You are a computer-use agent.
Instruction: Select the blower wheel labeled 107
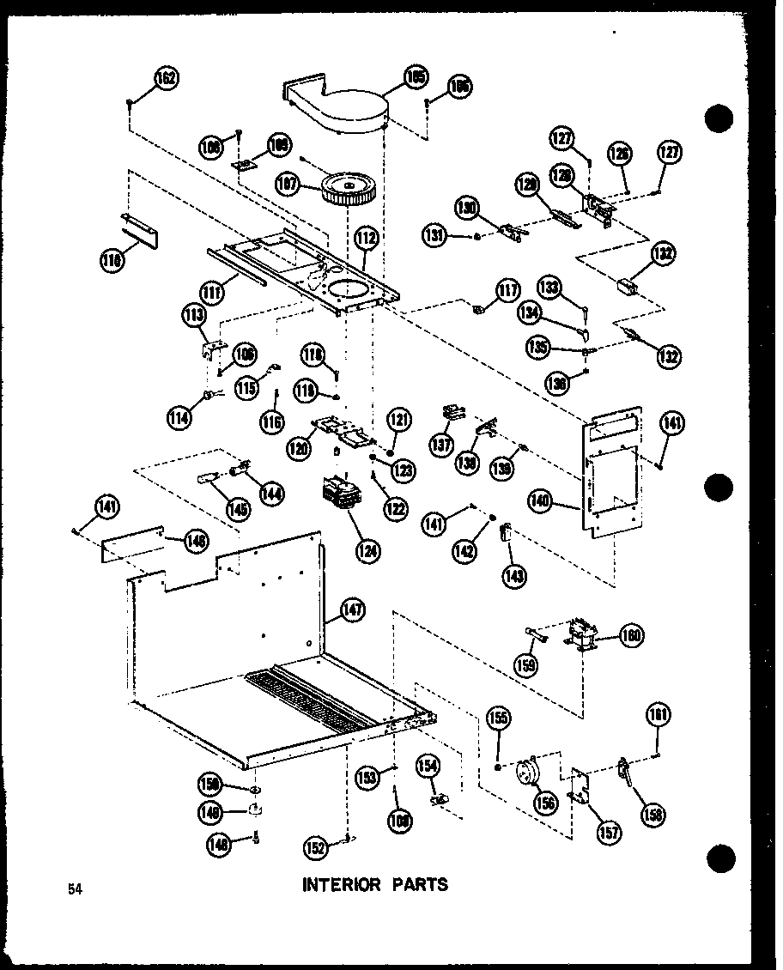[x=350, y=188]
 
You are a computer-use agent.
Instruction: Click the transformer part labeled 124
[x=342, y=495]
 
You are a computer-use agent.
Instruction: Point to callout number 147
[x=352, y=611]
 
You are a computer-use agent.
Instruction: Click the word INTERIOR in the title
[x=341, y=884]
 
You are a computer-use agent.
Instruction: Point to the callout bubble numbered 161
[x=660, y=715]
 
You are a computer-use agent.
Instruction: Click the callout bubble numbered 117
[x=508, y=291]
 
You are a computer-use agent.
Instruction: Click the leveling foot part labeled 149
[x=255, y=809]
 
